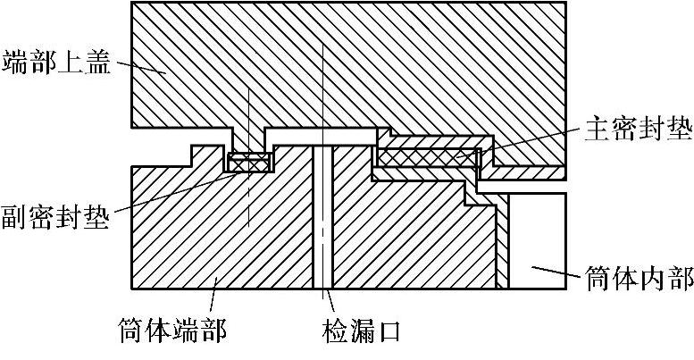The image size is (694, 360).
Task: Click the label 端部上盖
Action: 55,63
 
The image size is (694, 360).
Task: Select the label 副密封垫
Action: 55,217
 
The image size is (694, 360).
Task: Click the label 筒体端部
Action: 172,332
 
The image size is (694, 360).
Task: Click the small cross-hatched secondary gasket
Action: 249,163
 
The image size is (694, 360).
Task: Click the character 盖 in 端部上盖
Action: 96,63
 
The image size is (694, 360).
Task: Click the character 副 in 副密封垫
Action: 15,217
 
